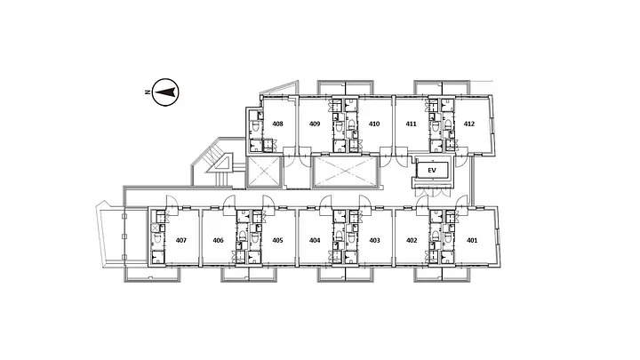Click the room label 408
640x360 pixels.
pyautogui.click(x=277, y=124)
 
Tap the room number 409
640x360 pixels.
pyautogui.click(x=315, y=124)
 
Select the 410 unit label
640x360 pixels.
pyautogui.click(x=374, y=124)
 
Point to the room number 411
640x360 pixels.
pyautogui.click(x=411, y=124)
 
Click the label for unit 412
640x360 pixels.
pyautogui.click(x=469, y=124)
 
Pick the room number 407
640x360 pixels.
pyautogui.click(x=181, y=240)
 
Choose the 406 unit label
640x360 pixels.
pyautogui.click(x=219, y=240)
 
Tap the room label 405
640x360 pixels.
pyautogui.click(x=277, y=240)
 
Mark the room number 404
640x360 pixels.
pyautogui.click(x=315, y=240)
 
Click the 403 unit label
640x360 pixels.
pyautogui.click(x=375, y=240)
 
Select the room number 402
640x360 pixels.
pyautogui.click(x=412, y=240)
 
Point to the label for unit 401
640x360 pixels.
pyautogui.click(x=472, y=240)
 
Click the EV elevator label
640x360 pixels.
pyautogui.click(x=432, y=170)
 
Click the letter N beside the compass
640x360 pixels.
pyautogui.click(x=147, y=92)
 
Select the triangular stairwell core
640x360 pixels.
pyautogui.click(x=220, y=163)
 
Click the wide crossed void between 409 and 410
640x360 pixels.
pyautogui.click(x=345, y=172)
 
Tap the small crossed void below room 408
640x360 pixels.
pyautogui.click(x=264, y=172)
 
